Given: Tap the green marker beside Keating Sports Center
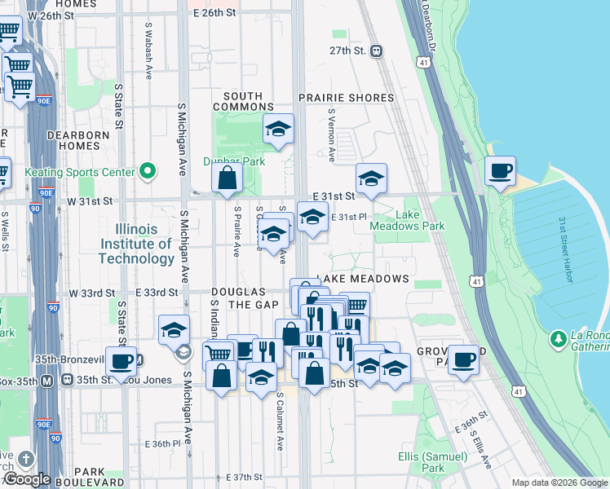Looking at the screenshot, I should click(x=148, y=171).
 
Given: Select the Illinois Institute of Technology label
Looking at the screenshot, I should click(x=135, y=244).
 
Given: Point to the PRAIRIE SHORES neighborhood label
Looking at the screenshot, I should click(x=346, y=98).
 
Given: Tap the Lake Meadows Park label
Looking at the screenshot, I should click(x=420, y=221).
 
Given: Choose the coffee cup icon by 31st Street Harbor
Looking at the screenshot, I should click(x=500, y=171).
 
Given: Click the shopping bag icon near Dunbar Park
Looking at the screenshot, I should click(x=228, y=178).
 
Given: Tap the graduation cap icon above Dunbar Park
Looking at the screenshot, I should click(x=278, y=129).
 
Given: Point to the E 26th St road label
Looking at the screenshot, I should click(x=214, y=13).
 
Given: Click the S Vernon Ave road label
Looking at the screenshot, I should click(x=332, y=134).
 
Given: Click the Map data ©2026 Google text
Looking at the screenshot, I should click(x=559, y=482).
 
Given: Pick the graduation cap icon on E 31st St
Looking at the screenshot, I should click(x=371, y=178).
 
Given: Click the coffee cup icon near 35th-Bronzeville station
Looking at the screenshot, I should click(x=121, y=361).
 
